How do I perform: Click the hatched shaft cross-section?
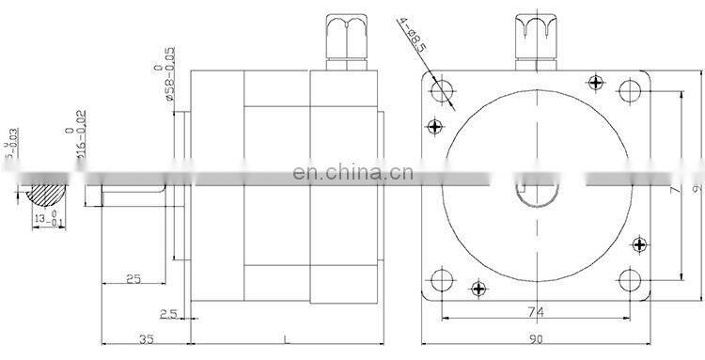48,194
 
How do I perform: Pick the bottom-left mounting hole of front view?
443,279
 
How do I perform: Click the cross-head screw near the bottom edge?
478,288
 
